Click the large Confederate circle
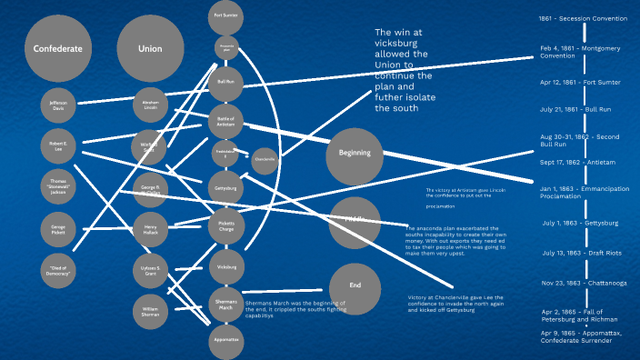[58, 49]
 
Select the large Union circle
[149, 49]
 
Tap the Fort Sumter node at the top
[226, 15]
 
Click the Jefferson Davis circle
[58, 105]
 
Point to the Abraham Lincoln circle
[151, 105]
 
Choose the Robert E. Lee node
[58, 145]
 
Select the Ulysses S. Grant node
[151, 271]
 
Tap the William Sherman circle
[151, 312]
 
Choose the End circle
[355, 285]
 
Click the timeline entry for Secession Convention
[583, 17]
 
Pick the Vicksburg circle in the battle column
[226, 268]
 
